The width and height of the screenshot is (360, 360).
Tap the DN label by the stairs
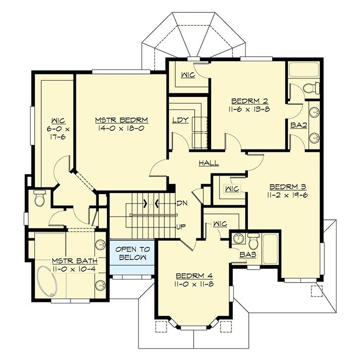[181, 203]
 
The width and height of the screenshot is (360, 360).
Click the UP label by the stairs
[181, 227]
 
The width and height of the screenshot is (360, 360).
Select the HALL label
[209, 163]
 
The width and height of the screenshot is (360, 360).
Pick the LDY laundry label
[179, 120]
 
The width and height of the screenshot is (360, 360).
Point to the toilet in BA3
[253, 241]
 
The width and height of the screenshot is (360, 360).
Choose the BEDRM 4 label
[193, 276]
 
